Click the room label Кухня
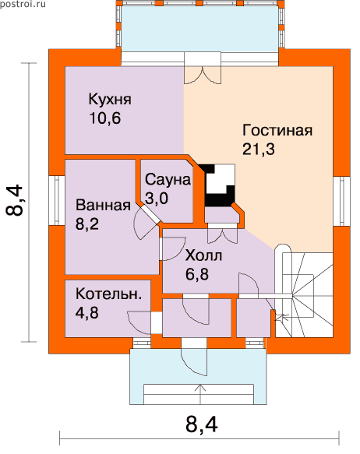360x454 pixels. (110, 100)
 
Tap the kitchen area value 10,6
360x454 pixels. (105, 118)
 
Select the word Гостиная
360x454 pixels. (277, 130)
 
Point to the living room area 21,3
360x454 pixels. (259, 150)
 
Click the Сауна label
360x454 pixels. (168, 180)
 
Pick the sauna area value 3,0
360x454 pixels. (157, 199)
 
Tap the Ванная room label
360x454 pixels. (103, 205)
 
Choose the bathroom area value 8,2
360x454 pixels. (87, 223)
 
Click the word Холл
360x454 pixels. (203, 255)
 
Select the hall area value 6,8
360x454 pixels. (197, 274)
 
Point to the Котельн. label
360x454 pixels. (108, 294)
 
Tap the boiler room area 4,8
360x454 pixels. (87, 312)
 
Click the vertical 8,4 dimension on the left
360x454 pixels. (14, 200)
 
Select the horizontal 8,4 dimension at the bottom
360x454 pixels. (202, 425)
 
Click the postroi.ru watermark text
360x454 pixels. (23, 4)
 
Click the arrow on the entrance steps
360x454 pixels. (200, 394)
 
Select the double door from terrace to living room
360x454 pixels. (203, 75)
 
